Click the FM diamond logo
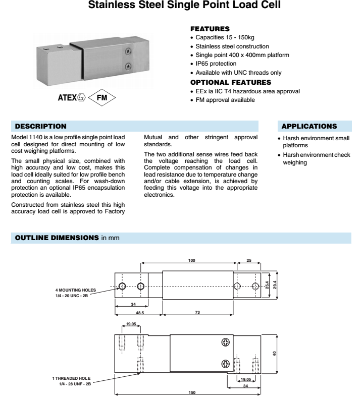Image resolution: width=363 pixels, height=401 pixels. pos(101,97)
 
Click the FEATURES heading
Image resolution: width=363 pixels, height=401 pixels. pos(210,29)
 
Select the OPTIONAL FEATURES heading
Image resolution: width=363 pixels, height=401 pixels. pos(230,82)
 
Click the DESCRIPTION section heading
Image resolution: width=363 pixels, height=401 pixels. pos(40,125)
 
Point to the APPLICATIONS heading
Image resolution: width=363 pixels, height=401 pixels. pos(309,125)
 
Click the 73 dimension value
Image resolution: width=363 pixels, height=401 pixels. pos(197,313)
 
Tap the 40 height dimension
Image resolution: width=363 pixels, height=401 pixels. pos(274,353)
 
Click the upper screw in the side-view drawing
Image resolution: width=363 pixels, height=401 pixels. pos(226,343)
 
